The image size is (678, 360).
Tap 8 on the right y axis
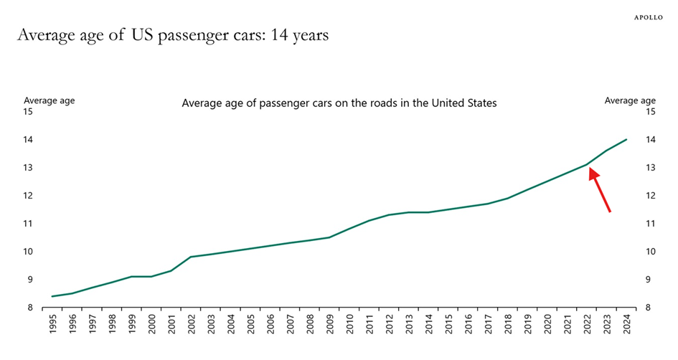coord(648,308)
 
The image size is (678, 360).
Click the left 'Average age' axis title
coord(49,100)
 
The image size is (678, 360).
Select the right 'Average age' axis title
coord(630,100)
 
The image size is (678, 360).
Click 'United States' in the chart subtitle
coord(463,103)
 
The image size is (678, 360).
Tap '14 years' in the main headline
coord(299,34)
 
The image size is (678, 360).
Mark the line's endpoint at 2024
coord(626,139)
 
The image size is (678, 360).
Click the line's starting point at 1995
coord(53,296)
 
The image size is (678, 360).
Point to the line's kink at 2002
coord(191,257)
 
